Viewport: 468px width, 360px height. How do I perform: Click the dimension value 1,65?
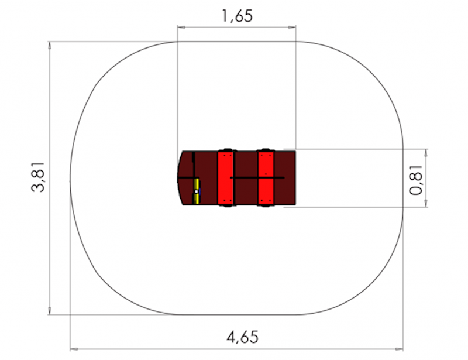tap(238, 16)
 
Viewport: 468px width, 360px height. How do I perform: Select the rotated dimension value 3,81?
tap(38, 177)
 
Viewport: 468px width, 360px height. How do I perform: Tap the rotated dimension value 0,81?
tap(416, 180)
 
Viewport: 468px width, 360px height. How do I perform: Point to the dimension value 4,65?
tap(242, 337)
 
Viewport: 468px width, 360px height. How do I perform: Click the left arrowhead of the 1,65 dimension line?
tap(181, 27)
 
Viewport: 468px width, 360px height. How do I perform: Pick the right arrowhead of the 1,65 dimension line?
tap(292, 27)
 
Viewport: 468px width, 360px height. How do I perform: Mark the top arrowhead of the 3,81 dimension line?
tap(50, 46)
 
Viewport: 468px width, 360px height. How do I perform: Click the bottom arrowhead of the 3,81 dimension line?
tap(50, 311)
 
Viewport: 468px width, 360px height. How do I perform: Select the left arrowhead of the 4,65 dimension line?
tap(74, 349)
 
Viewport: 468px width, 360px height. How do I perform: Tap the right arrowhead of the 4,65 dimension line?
tap(399, 349)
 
